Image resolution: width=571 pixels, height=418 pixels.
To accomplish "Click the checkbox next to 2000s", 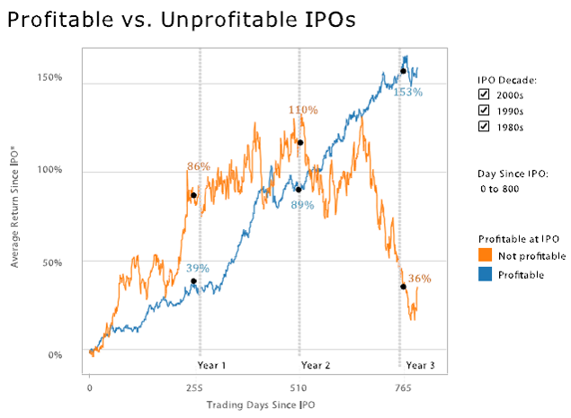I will (484, 93).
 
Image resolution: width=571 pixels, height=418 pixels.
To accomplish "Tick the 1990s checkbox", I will (484, 110).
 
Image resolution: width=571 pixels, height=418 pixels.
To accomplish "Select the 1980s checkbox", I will (484, 127).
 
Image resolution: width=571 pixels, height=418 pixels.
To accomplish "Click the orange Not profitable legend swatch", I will (484, 254).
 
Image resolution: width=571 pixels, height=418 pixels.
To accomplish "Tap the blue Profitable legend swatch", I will (484, 274).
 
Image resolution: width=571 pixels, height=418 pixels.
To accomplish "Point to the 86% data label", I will (198, 166).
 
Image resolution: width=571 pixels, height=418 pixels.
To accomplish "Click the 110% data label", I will (303, 111).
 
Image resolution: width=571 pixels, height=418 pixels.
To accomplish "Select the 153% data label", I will (407, 91).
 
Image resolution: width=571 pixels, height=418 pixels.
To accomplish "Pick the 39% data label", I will (198, 268).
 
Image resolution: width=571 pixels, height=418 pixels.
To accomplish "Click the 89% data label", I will (302, 205).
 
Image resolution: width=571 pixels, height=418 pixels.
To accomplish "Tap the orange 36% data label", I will (419, 279).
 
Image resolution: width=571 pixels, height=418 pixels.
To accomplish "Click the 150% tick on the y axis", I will (49, 77).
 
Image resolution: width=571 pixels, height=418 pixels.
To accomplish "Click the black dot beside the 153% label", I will (403, 70).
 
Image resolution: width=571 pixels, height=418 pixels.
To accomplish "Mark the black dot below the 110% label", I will (299, 143).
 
